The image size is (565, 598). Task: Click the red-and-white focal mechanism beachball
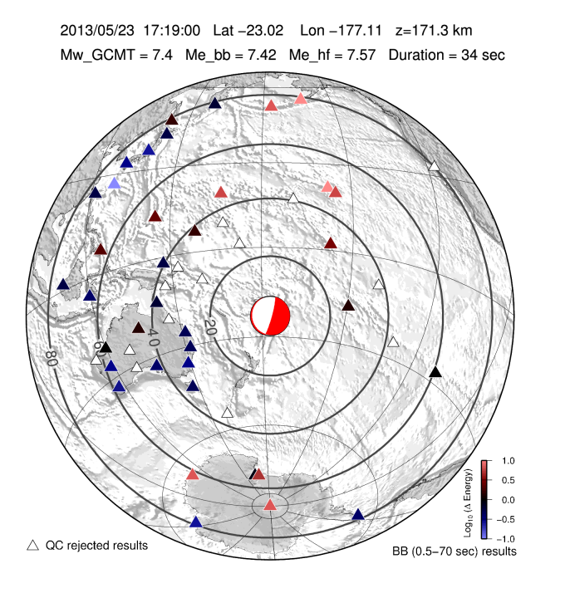270,316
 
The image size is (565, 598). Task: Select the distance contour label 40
153,337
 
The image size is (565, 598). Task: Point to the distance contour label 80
52,358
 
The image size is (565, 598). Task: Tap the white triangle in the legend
33,545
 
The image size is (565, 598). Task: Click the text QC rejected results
96,546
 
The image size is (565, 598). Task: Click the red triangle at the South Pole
270,505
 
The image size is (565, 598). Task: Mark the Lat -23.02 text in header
249,31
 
